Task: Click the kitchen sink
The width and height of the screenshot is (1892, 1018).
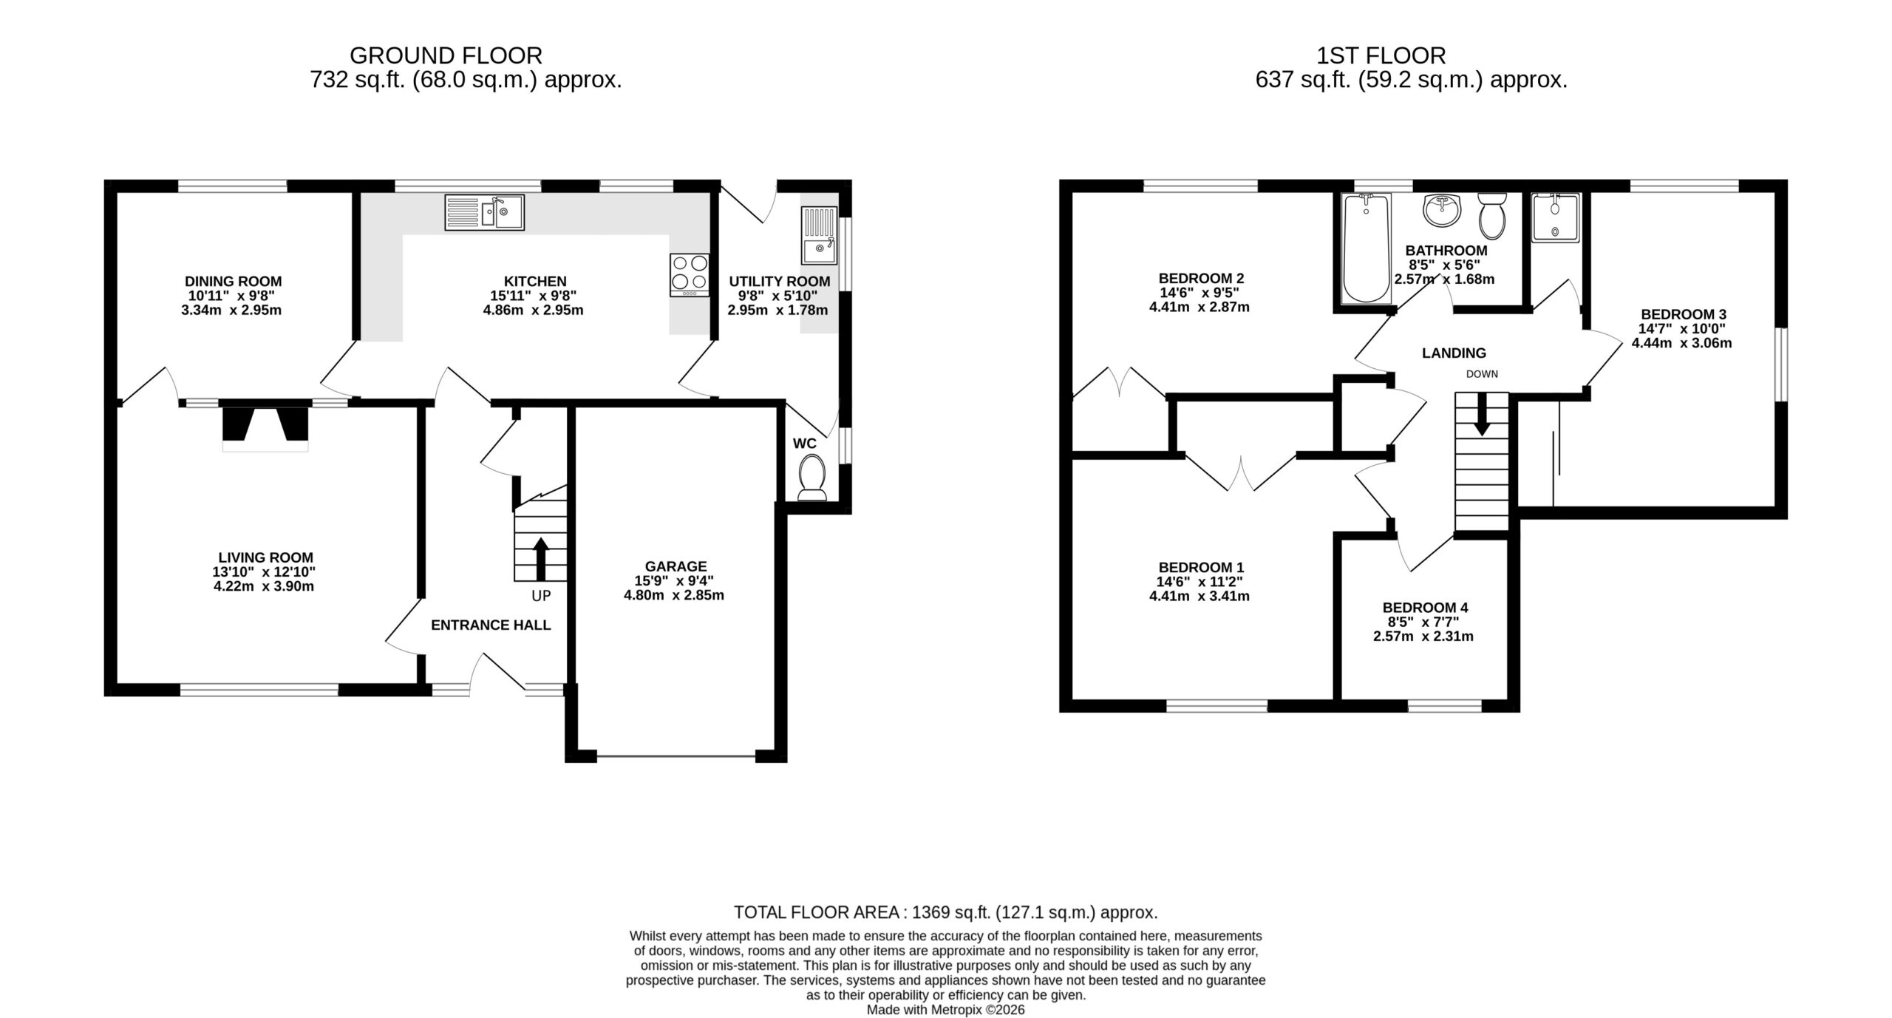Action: coord(484,212)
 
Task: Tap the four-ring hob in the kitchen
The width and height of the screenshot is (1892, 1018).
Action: coord(690,275)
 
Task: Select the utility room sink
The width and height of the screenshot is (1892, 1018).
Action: coord(819,236)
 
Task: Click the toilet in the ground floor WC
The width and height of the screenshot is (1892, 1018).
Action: coord(812,478)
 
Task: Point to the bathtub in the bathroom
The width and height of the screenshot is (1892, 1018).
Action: coord(1366,248)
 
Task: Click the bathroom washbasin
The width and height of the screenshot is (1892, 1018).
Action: coord(1442,211)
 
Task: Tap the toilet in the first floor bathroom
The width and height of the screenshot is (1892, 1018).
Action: coord(1492,215)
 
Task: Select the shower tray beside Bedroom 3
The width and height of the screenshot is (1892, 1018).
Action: coord(1555,217)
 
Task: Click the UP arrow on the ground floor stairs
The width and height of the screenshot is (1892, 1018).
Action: coord(541,559)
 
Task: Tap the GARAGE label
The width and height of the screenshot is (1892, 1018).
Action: coord(676,566)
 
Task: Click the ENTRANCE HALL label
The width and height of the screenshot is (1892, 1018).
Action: coord(491,625)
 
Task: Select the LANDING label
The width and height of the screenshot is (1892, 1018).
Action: coord(1454,353)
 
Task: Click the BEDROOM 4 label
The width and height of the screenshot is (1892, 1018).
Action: coord(1425,608)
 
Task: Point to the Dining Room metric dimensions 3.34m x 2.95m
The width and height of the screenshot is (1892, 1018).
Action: coord(231,310)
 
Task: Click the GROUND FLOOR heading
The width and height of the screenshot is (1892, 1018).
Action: coord(446,55)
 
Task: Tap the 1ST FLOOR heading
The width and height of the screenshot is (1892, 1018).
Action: coord(1381,55)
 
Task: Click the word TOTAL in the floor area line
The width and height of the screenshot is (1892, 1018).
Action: coord(764,912)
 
